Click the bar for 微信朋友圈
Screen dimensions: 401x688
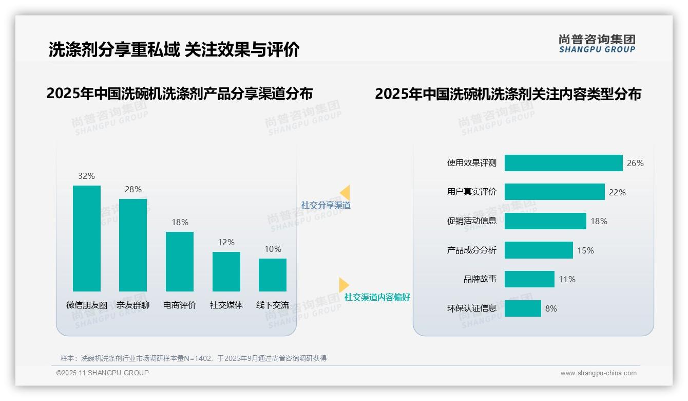[x=87, y=239]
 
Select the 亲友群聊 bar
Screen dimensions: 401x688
[x=133, y=245]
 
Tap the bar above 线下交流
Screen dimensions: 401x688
[x=273, y=275]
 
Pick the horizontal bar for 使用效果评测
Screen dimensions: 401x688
[x=563, y=163]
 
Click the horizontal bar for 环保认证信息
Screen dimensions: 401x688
[x=523, y=308]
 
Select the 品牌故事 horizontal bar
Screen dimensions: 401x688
[x=529, y=279]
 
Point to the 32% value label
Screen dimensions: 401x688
[x=87, y=176]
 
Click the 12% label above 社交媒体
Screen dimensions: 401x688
[x=226, y=242]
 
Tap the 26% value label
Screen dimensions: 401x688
[x=635, y=163]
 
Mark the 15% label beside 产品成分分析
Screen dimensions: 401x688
[x=585, y=250]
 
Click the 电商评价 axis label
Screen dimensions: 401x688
[x=180, y=305]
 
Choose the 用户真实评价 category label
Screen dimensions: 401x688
[x=472, y=192]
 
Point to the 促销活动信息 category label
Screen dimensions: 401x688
[x=472, y=221]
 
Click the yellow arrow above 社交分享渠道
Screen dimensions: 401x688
[x=345, y=193]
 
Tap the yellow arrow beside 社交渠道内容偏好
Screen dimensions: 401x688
[x=343, y=285]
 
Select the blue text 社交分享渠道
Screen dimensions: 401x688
[x=326, y=205]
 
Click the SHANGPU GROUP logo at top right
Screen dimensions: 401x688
[x=597, y=43]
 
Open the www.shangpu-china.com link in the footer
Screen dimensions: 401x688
[x=598, y=373]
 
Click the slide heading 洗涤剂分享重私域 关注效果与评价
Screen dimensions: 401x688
[x=174, y=49]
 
